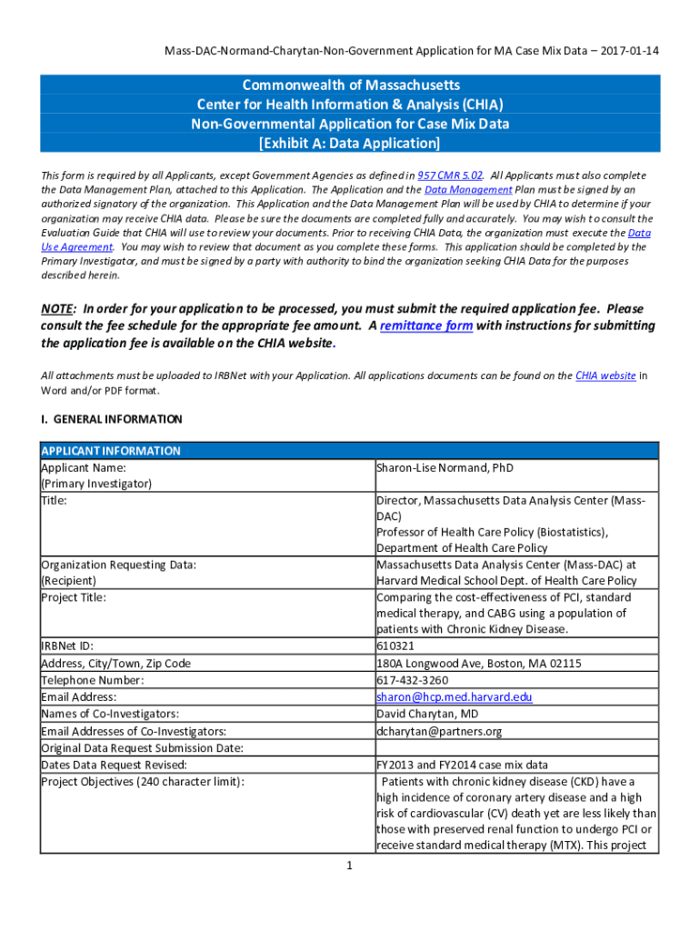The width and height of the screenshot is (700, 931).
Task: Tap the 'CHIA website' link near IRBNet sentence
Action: point(605,375)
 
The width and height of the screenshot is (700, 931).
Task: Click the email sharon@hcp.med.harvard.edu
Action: point(454,697)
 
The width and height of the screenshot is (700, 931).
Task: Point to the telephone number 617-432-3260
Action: point(412,680)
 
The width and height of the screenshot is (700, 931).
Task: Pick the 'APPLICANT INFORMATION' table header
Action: point(111,451)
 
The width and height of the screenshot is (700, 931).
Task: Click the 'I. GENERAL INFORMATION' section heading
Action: point(112,419)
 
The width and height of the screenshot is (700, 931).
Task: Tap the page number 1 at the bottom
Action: point(349,866)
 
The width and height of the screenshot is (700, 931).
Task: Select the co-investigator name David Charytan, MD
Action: point(427,714)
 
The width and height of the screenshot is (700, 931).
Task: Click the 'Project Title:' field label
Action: point(74,597)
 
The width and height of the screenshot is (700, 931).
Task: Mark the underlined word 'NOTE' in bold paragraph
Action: point(58,309)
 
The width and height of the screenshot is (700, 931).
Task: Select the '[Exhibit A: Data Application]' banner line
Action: point(349,144)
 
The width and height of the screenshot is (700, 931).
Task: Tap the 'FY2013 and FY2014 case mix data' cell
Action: point(462,765)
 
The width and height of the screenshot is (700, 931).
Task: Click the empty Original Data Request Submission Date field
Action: point(515,748)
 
